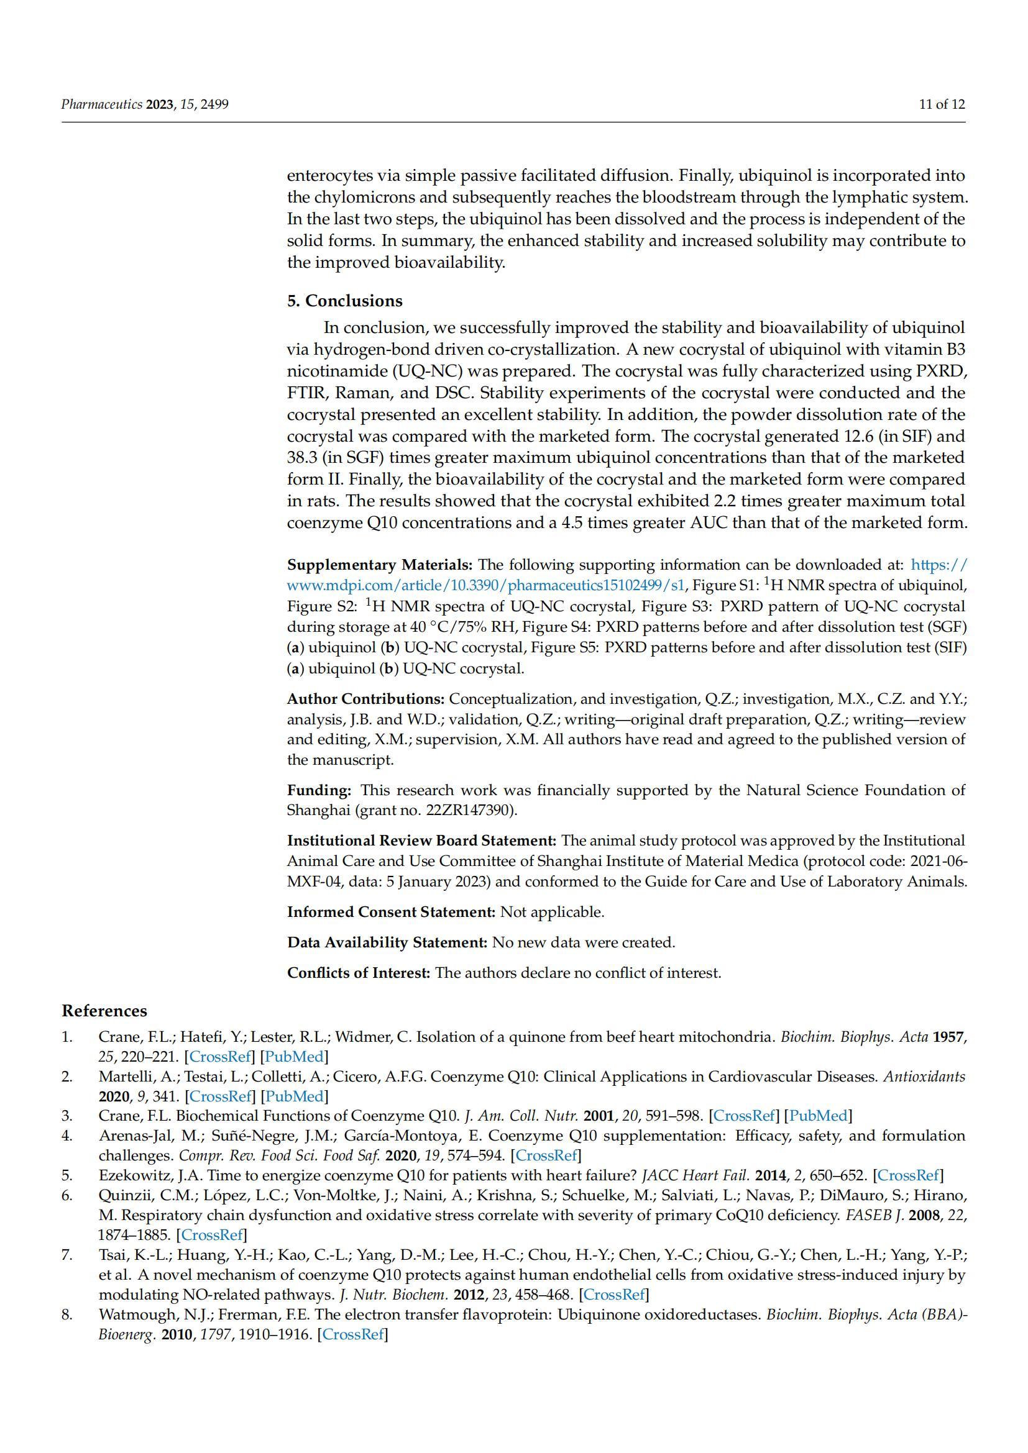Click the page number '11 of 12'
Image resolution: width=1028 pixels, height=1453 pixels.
(x=942, y=104)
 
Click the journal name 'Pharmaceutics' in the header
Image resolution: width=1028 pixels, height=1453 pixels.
(x=102, y=104)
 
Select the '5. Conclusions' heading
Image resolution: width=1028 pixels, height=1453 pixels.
(x=344, y=301)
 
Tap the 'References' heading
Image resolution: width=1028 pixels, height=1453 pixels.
(x=104, y=1011)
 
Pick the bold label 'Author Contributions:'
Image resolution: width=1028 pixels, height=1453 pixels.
(x=366, y=699)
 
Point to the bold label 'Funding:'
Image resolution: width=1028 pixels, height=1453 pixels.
(x=319, y=790)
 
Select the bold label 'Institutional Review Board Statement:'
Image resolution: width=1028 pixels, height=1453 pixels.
(x=421, y=840)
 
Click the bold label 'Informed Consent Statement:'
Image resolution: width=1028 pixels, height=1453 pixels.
(x=391, y=912)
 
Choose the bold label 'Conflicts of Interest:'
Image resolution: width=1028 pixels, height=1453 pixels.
(x=359, y=973)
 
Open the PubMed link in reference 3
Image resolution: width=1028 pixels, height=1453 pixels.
(x=818, y=1116)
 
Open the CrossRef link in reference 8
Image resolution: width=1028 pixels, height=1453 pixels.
(x=352, y=1334)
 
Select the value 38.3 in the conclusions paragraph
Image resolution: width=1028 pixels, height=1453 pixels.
(x=301, y=458)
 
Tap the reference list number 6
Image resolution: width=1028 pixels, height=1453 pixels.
(x=67, y=1195)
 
